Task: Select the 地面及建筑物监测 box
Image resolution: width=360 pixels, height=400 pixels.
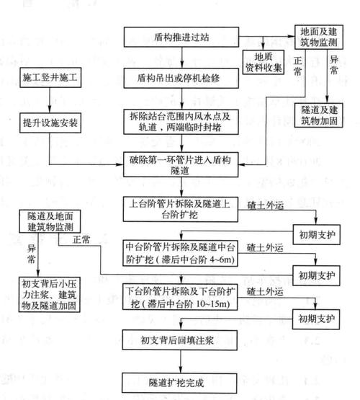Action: tap(321, 38)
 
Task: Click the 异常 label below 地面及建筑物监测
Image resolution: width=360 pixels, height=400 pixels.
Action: tap(333, 74)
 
